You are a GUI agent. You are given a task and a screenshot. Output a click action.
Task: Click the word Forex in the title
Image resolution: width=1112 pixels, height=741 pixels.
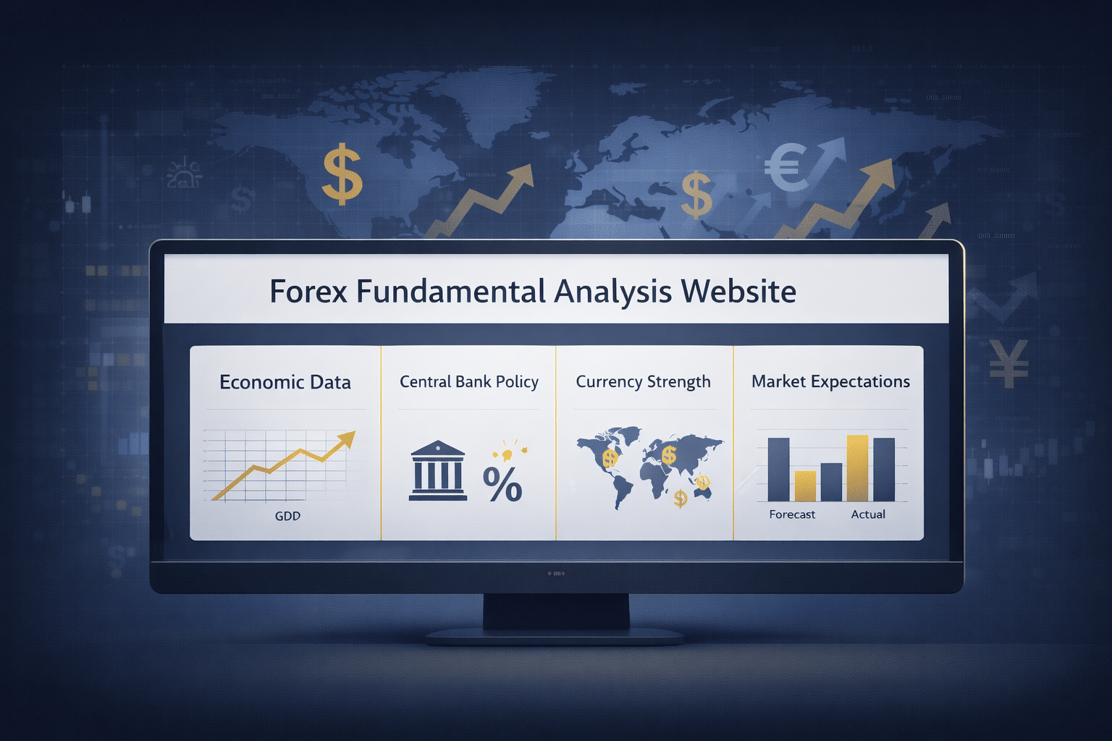308,292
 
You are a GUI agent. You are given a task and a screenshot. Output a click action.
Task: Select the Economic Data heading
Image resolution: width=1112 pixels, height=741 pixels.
285,382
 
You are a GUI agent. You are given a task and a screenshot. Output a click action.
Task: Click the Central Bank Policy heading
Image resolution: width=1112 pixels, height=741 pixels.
469,381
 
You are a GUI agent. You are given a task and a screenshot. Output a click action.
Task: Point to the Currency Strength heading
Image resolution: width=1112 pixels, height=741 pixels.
643,381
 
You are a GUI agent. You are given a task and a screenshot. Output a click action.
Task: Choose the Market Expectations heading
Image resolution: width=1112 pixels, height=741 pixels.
830,381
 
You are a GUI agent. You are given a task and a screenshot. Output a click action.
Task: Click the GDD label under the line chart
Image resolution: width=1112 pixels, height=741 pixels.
287,516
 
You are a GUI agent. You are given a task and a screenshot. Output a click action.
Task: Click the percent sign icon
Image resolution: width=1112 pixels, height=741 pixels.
502,484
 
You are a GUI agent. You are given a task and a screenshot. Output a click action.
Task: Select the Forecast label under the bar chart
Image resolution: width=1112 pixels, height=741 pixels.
792,515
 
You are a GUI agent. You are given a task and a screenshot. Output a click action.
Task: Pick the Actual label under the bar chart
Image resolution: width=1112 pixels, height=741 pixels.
868,515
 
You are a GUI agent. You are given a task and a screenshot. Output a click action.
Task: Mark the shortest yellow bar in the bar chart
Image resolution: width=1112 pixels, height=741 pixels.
805,486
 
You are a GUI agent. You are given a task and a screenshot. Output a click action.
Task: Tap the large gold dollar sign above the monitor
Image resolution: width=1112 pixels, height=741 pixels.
342,174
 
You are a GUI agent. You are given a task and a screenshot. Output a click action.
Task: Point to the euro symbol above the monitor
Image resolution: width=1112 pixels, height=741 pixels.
785,167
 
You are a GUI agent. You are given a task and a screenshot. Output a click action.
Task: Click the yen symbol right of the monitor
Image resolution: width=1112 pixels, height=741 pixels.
1008,363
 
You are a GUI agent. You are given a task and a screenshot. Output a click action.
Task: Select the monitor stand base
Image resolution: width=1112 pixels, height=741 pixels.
555,637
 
